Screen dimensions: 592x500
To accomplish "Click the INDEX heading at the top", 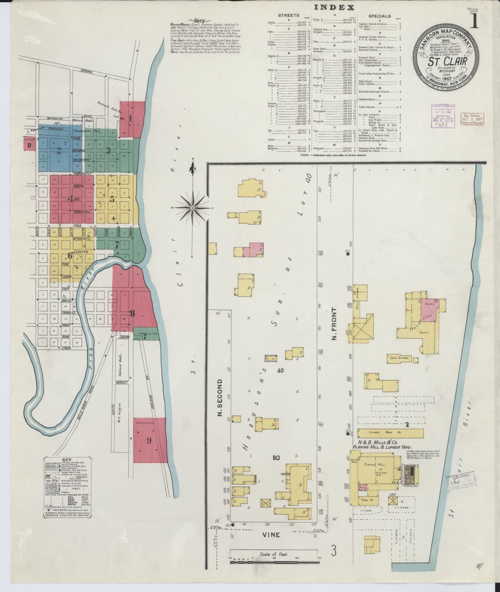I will tap(334, 7).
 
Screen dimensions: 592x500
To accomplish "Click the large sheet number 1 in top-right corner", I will tap(474, 21).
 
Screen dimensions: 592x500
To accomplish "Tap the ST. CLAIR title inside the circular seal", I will tap(447, 62).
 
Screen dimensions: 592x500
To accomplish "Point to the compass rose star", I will tap(192, 208).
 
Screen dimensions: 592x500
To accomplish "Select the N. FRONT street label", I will tap(334, 323).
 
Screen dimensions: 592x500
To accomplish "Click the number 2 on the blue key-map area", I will tap(59, 150).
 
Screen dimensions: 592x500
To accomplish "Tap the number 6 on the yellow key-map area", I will tap(70, 256).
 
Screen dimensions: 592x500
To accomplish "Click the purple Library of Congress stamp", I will tap(443, 116).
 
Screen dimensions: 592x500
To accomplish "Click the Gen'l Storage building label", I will tap(399, 358).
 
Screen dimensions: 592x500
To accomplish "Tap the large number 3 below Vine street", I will tap(334, 551).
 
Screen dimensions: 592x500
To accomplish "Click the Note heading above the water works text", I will tap(200, 20).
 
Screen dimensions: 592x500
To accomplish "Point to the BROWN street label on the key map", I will tap(87, 72).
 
